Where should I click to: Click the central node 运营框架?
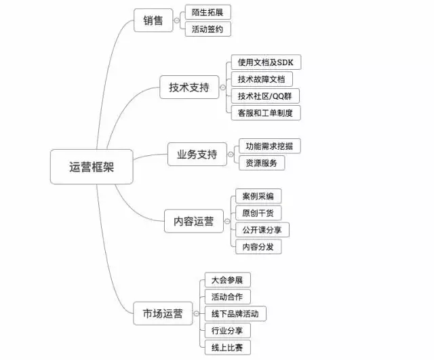coord(92,167)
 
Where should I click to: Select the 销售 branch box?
coord(153,20)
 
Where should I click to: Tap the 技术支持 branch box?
coord(189,87)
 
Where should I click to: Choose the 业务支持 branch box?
coord(197,154)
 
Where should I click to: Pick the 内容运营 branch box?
coord(194,221)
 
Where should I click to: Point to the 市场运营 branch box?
coord(163,313)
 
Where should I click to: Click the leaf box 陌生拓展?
coord(208,12)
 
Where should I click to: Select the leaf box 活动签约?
coord(208,29)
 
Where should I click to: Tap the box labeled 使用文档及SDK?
coord(266,62)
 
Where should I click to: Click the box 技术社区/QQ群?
coord(265,96)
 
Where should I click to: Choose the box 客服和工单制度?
coord(266,113)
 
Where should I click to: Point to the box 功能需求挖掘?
coord(270,146)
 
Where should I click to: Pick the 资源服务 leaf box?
coord(262,163)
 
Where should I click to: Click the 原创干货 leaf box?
coord(258,213)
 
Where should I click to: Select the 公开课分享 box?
coord(262,230)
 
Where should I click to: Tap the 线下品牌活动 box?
coord(235,313)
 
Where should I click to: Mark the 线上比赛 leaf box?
coord(228,348)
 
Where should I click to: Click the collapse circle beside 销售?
coord(176,20)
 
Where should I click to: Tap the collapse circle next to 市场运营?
coord(196,313)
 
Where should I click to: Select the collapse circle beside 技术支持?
coord(223,87)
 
